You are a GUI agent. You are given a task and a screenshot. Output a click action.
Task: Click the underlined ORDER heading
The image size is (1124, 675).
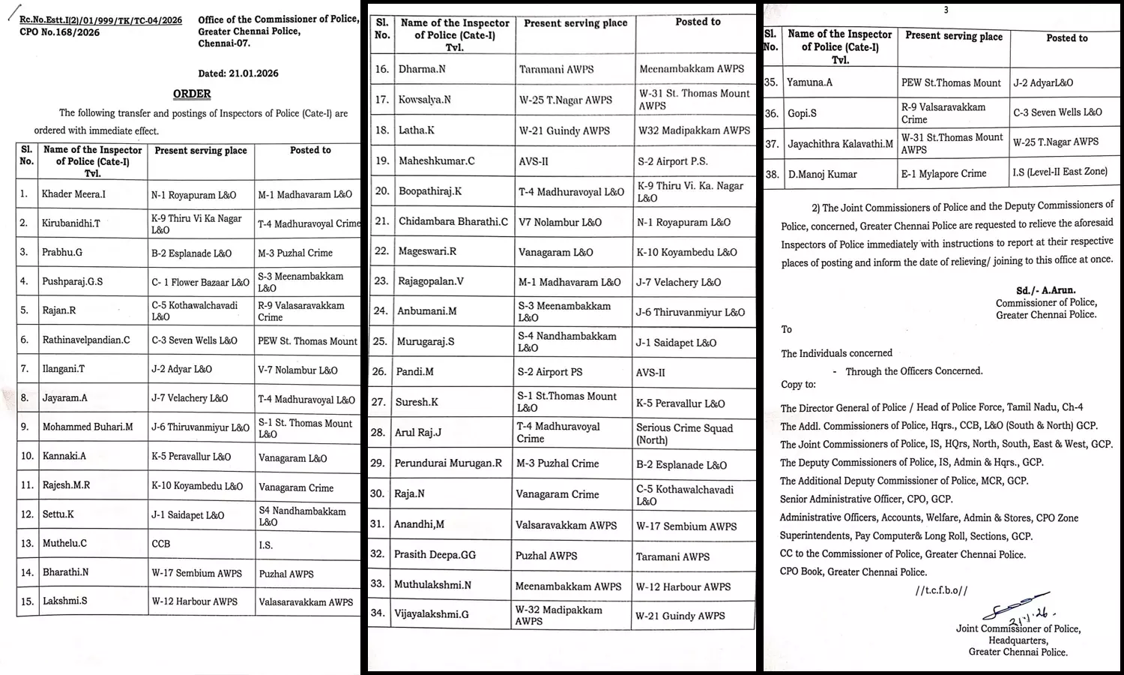pyautogui.click(x=192, y=94)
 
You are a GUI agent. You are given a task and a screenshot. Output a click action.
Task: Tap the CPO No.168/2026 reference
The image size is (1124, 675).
pyautogui.click(x=59, y=32)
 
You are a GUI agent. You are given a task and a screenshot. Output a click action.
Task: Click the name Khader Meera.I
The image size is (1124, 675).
pyautogui.click(x=73, y=194)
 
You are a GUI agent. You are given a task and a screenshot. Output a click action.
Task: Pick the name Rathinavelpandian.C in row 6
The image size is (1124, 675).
pyautogui.click(x=86, y=340)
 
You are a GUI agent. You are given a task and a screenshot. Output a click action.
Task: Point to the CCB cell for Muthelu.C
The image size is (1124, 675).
pyautogui.click(x=161, y=544)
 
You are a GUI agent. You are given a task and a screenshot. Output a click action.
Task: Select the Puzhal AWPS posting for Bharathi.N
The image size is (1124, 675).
pyautogui.click(x=286, y=574)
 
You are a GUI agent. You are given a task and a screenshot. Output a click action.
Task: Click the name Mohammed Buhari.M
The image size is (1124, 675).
pyautogui.click(x=88, y=427)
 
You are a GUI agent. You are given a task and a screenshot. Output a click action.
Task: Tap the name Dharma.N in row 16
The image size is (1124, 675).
pyautogui.click(x=422, y=69)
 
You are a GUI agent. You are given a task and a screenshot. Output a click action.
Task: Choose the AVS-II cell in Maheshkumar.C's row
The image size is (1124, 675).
pyautogui.click(x=534, y=160)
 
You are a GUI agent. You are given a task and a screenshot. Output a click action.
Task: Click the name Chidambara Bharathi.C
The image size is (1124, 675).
pyautogui.click(x=453, y=221)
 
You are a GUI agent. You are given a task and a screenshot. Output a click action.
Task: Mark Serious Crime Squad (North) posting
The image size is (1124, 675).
pyautogui.click(x=684, y=433)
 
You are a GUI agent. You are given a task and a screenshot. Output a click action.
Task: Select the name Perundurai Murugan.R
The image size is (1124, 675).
pyautogui.click(x=448, y=463)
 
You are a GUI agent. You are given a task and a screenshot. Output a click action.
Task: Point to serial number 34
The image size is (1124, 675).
pyautogui.click(x=378, y=613)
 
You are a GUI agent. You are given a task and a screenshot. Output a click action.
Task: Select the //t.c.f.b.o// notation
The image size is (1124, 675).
pyautogui.click(x=941, y=590)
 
